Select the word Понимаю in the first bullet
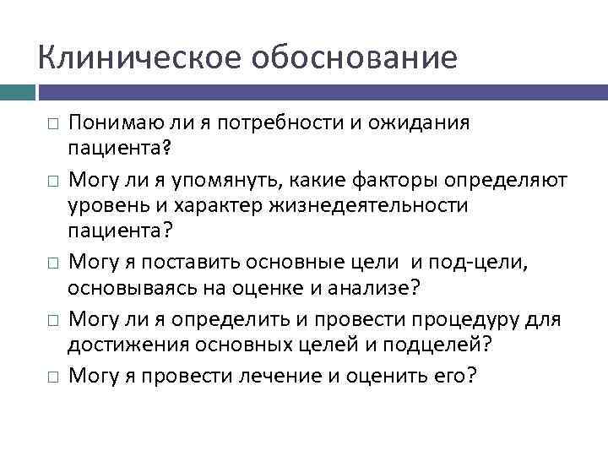110,123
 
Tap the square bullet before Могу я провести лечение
52,377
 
